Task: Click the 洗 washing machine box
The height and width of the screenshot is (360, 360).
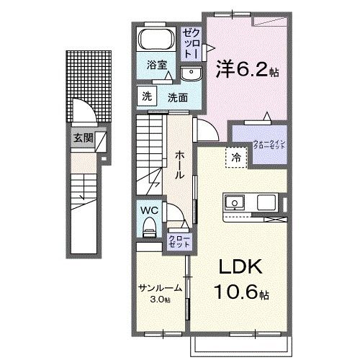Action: [147, 97]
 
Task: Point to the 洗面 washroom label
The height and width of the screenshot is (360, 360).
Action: [178, 98]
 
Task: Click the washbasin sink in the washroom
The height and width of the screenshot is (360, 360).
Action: [191, 73]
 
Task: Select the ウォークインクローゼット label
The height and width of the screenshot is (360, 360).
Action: [269, 144]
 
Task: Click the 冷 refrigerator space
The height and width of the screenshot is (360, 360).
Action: [235, 155]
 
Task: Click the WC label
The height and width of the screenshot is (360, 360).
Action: [149, 210]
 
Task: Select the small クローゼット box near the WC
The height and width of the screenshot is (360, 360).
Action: [178, 241]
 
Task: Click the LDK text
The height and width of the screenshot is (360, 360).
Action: [236, 266]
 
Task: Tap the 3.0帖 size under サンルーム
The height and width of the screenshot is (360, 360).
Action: [159, 299]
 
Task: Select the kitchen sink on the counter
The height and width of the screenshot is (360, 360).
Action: [235, 203]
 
